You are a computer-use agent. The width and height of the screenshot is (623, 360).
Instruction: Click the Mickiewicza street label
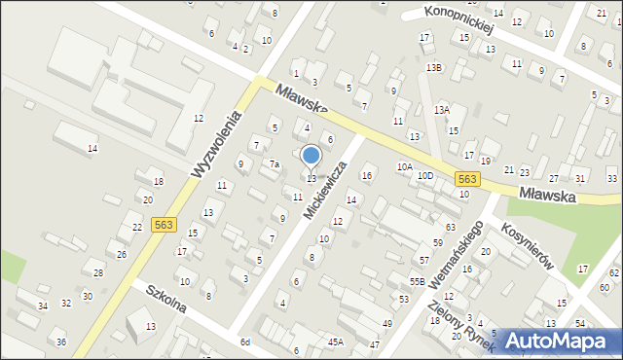tap(324, 190)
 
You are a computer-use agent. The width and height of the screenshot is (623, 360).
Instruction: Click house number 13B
tap(433, 67)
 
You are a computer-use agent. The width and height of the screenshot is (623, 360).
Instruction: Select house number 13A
tap(442, 110)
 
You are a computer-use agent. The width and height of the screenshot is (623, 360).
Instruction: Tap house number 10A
tap(404, 167)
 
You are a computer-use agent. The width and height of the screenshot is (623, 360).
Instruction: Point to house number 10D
tap(425, 175)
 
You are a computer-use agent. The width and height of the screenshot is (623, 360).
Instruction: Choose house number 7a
tap(275, 163)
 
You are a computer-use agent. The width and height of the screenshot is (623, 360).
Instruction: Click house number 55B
tap(417, 281)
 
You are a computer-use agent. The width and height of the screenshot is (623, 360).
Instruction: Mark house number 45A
tap(336, 342)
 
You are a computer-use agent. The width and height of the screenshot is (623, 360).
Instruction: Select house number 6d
tap(246, 342)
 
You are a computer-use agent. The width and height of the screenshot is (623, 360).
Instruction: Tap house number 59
tap(438, 242)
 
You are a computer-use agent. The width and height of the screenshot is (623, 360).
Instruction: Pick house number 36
tap(61, 342)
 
